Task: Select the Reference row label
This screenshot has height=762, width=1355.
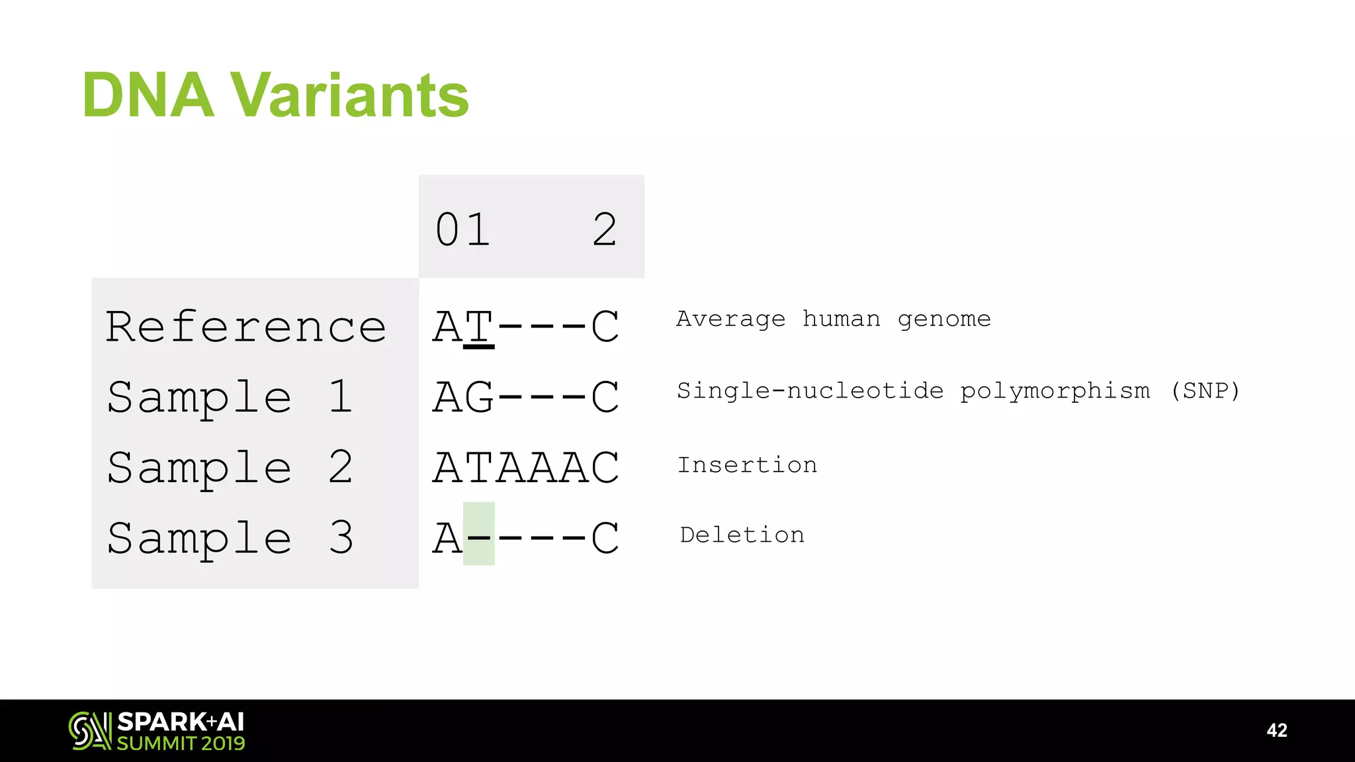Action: point(245,327)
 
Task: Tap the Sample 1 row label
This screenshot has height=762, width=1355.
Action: point(230,397)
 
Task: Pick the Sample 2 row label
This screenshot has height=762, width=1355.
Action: point(230,467)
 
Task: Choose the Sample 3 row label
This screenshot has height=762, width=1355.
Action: point(230,537)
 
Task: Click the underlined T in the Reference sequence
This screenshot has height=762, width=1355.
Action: point(478,327)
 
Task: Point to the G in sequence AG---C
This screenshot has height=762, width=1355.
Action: point(478,397)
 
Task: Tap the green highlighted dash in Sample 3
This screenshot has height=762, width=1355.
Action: point(478,534)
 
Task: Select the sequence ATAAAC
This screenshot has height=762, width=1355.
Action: point(526,467)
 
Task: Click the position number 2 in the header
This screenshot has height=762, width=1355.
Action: point(605,230)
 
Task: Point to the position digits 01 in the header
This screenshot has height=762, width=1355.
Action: point(462,230)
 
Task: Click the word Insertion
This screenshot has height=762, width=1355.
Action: point(747,465)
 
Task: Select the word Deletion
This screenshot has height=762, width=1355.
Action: point(742,534)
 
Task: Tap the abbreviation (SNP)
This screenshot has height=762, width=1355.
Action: point(1204,391)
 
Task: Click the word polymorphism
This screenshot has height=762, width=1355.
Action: point(1055,391)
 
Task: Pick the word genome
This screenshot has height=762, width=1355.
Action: point(944,319)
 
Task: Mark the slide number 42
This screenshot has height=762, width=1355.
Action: point(1276,730)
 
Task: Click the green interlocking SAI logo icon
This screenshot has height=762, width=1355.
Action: point(89,730)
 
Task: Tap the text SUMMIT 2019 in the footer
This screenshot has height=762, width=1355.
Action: point(181,743)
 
